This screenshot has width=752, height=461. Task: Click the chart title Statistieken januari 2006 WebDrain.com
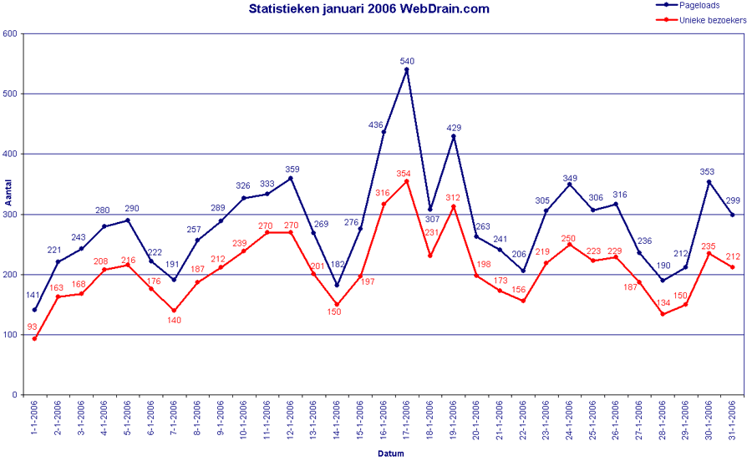pyautogui.click(x=368, y=9)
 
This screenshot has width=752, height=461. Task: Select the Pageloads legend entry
pyautogui.click(x=699, y=4)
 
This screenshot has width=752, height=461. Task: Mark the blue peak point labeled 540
pyautogui.click(x=406, y=70)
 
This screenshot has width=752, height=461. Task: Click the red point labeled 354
pyautogui.click(x=406, y=181)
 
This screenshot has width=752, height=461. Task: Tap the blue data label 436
pyautogui.click(x=376, y=125)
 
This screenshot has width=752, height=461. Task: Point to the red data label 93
pyautogui.click(x=32, y=327)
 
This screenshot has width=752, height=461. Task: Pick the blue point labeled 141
pyautogui.click(x=34, y=310)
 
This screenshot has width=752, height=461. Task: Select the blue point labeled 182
pyautogui.click(x=337, y=286)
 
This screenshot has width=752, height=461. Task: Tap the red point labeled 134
pyautogui.click(x=662, y=314)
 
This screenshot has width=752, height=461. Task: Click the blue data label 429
pyautogui.click(x=454, y=128)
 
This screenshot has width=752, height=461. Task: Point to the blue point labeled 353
pyautogui.click(x=709, y=182)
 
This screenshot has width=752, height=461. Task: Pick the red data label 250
pyautogui.click(x=569, y=238)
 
